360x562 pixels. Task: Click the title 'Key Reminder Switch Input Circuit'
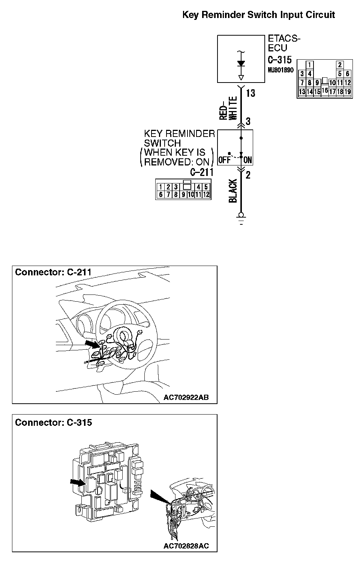pyautogui.click(x=258, y=15)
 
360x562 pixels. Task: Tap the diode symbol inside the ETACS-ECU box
pyautogui.click(x=241, y=63)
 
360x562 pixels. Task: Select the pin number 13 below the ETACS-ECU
pyautogui.click(x=250, y=93)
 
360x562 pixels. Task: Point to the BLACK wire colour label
pyautogui.click(x=233, y=191)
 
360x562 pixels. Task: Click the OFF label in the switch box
pyautogui.click(x=224, y=160)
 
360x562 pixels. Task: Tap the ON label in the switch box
pyautogui.click(x=248, y=160)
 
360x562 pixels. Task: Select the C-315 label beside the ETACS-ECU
pyautogui.click(x=280, y=60)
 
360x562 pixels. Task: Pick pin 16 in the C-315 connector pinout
pyautogui.click(x=325, y=90)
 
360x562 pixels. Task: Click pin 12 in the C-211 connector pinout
pyautogui.click(x=206, y=194)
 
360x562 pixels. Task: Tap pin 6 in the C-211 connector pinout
pyautogui.click(x=160, y=194)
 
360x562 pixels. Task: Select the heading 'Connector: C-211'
pyautogui.click(x=53, y=272)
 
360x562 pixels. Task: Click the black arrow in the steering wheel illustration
pyautogui.click(x=91, y=343)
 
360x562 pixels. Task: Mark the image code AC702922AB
pyautogui.click(x=186, y=397)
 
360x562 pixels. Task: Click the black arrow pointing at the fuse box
pyautogui.click(x=78, y=483)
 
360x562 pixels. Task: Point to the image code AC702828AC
pyautogui.click(x=186, y=546)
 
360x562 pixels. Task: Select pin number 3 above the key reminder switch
pyautogui.click(x=248, y=121)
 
